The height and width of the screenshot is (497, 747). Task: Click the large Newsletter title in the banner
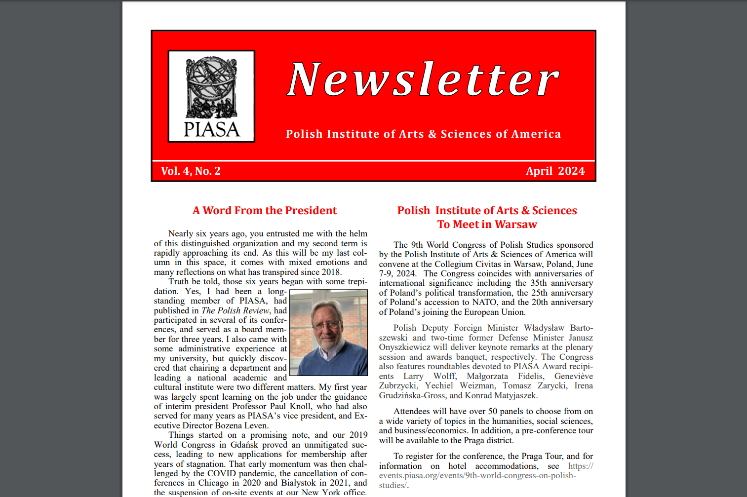click(423, 79)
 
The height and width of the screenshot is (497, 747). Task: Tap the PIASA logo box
click(211, 96)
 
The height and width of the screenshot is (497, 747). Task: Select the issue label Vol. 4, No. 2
click(191, 171)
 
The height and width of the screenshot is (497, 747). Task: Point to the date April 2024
click(555, 171)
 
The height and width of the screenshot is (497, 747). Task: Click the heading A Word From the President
click(265, 211)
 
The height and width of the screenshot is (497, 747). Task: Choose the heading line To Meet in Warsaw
click(487, 225)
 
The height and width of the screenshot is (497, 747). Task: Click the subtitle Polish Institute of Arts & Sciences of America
click(423, 134)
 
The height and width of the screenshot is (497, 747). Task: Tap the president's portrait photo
click(328, 333)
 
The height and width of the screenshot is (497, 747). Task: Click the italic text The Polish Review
click(236, 310)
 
